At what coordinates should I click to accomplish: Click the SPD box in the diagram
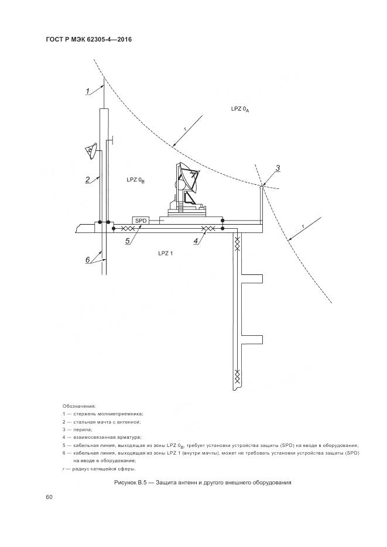[x=141, y=220]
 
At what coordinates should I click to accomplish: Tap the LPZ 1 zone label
[x=166, y=253]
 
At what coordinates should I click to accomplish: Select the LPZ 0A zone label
[x=240, y=109]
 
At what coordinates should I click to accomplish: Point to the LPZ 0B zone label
[x=135, y=180]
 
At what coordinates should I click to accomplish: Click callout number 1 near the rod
[x=88, y=91]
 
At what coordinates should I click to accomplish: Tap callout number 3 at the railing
[x=278, y=168]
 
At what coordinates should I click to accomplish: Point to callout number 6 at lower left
[x=88, y=260]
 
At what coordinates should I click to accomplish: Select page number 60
[x=49, y=497]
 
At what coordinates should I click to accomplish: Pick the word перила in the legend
[x=84, y=429]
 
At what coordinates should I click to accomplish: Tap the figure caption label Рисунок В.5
[x=136, y=483]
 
